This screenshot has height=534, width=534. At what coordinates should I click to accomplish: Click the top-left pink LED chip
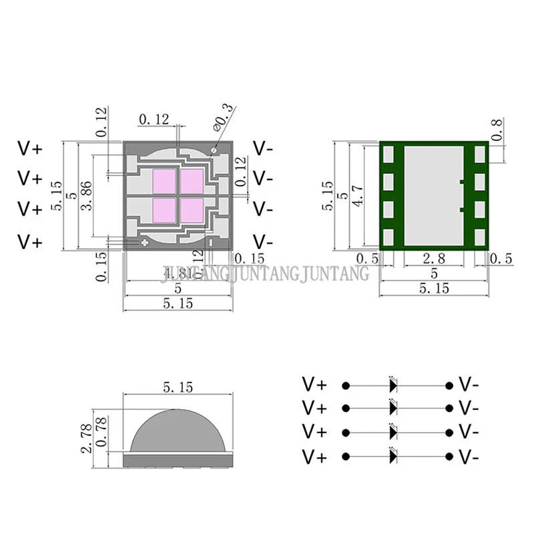(x=164, y=180)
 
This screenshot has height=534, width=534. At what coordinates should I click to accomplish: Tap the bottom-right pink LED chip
(x=192, y=209)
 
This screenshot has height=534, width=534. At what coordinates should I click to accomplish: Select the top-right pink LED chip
(x=192, y=180)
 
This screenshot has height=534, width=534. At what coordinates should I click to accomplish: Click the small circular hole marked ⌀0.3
(x=213, y=150)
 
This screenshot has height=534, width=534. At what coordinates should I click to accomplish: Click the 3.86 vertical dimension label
(x=85, y=196)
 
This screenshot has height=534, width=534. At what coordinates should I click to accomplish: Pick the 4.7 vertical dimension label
(x=358, y=196)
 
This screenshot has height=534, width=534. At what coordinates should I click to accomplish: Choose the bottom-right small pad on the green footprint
(x=479, y=235)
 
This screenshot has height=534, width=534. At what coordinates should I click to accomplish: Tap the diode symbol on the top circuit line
(x=393, y=385)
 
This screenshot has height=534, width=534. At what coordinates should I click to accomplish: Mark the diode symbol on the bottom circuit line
(x=393, y=457)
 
